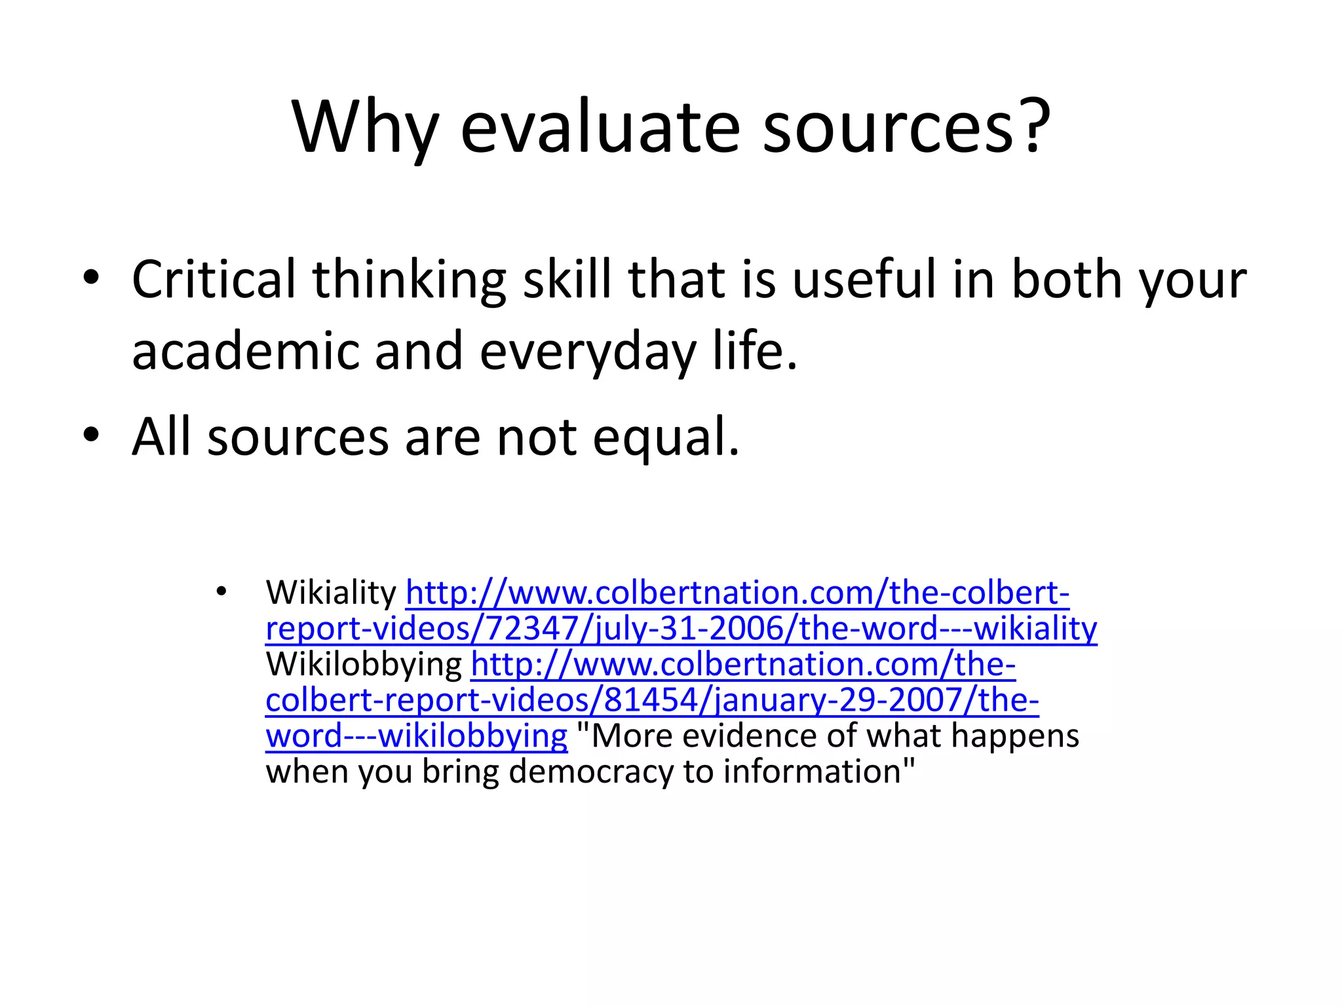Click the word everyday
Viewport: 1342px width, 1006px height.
pyautogui.click(x=588, y=352)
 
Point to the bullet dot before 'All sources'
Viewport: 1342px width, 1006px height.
pyautogui.click(x=91, y=434)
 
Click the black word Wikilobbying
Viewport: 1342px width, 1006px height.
pyautogui.click(x=364, y=664)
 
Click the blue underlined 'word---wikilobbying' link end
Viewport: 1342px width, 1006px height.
pyautogui.click(x=416, y=736)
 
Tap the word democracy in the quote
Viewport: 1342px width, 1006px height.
pyautogui.click(x=591, y=772)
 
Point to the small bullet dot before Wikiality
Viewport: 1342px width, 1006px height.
pyautogui.click(x=221, y=591)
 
